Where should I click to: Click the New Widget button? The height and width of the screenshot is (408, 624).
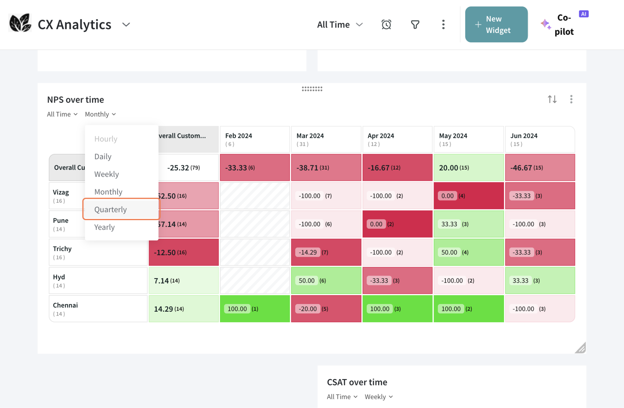click(x=496, y=24)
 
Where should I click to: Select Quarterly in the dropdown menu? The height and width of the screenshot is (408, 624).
click(x=110, y=209)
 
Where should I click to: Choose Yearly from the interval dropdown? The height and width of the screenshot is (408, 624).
click(x=105, y=227)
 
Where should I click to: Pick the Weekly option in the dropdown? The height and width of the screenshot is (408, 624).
click(x=107, y=174)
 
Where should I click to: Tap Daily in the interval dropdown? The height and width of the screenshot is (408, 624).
click(x=103, y=156)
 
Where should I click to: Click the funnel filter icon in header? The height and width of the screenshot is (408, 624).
click(x=415, y=24)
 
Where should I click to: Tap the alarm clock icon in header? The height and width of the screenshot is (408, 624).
click(x=386, y=24)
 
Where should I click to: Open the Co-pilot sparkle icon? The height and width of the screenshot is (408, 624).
click(x=545, y=24)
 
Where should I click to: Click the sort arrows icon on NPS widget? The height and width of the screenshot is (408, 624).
click(x=552, y=99)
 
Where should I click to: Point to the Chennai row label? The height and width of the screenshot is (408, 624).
click(x=66, y=305)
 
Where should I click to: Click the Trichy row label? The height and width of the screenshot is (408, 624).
click(x=62, y=249)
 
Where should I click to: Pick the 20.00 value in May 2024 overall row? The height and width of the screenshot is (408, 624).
click(x=448, y=168)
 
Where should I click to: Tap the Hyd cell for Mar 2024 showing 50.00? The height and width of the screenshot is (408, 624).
click(x=307, y=281)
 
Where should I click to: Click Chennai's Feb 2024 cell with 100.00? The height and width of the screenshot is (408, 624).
click(x=237, y=309)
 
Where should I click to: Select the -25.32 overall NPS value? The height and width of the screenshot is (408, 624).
click(x=178, y=168)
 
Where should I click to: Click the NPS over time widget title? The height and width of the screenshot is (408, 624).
click(x=76, y=100)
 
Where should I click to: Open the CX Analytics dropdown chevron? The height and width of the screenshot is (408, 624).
click(x=126, y=24)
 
